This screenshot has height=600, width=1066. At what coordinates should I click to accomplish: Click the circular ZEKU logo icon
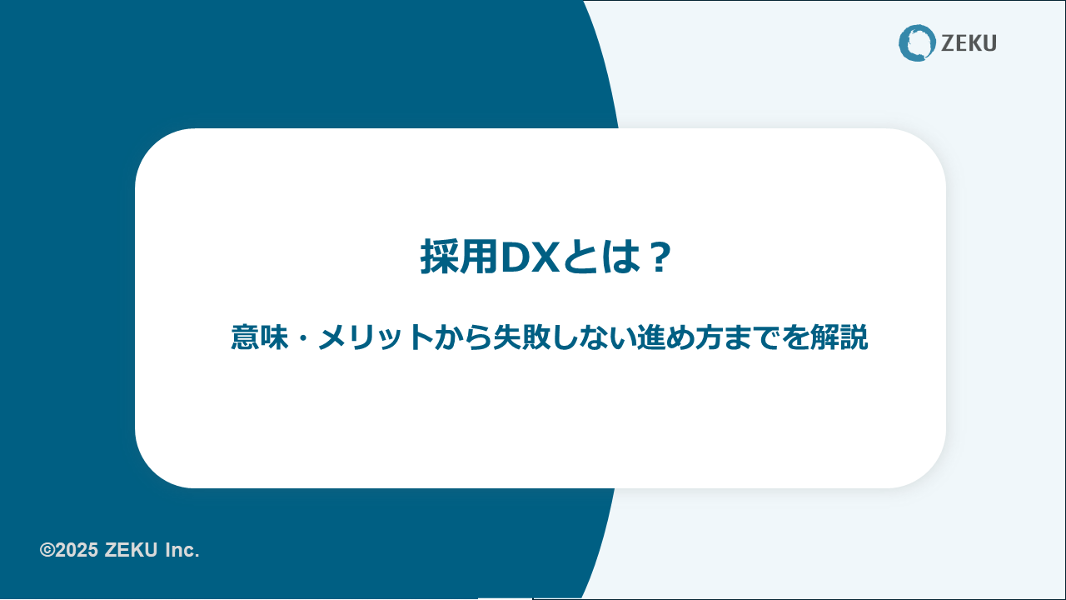click(917, 42)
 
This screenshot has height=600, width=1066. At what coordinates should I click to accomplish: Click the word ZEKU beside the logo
click(969, 43)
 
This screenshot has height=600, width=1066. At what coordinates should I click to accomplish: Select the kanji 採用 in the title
click(459, 257)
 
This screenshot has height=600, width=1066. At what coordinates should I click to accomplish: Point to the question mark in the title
click(659, 257)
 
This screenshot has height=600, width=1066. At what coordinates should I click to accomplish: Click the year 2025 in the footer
click(77, 550)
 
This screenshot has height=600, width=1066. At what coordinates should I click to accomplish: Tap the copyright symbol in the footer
click(47, 550)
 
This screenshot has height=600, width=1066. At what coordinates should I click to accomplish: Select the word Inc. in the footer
click(182, 551)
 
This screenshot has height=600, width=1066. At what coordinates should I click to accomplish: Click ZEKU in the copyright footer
click(131, 550)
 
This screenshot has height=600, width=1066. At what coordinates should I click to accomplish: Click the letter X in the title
click(545, 257)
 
